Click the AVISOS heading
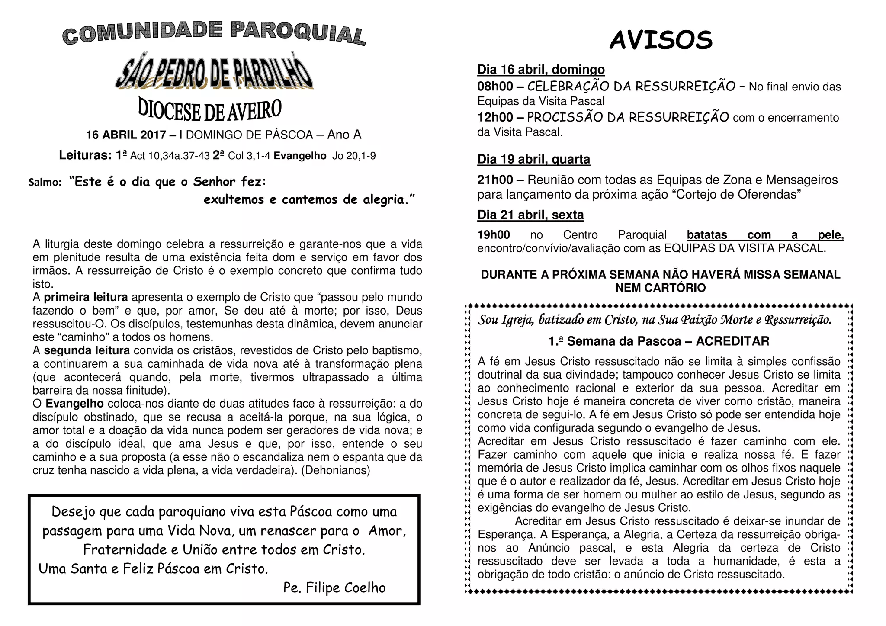pyautogui.click(x=661, y=41)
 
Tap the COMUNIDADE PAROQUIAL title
pyautogui.click(x=214, y=33)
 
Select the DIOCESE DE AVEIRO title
pyautogui.click(x=210, y=110)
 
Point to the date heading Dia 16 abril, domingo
pyautogui.click(x=541, y=70)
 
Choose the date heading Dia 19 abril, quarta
pyautogui.click(x=533, y=160)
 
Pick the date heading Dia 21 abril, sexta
pyautogui.click(x=530, y=215)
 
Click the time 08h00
pyautogui.click(x=495, y=87)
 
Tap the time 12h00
pyautogui.click(x=495, y=118)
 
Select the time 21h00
pyautogui.click(x=495, y=180)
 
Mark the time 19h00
pyautogui.click(x=493, y=235)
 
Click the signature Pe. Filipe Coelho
pyautogui.click(x=334, y=587)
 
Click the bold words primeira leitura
pyautogui.click(x=86, y=297)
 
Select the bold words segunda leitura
pyautogui.click(x=87, y=350)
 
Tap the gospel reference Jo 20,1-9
pyautogui.click(x=353, y=156)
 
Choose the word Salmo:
pyautogui.click(x=45, y=183)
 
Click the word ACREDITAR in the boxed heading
pyautogui.click(x=732, y=341)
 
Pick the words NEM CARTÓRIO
pyautogui.click(x=660, y=288)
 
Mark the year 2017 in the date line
pyautogui.click(x=153, y=135)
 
